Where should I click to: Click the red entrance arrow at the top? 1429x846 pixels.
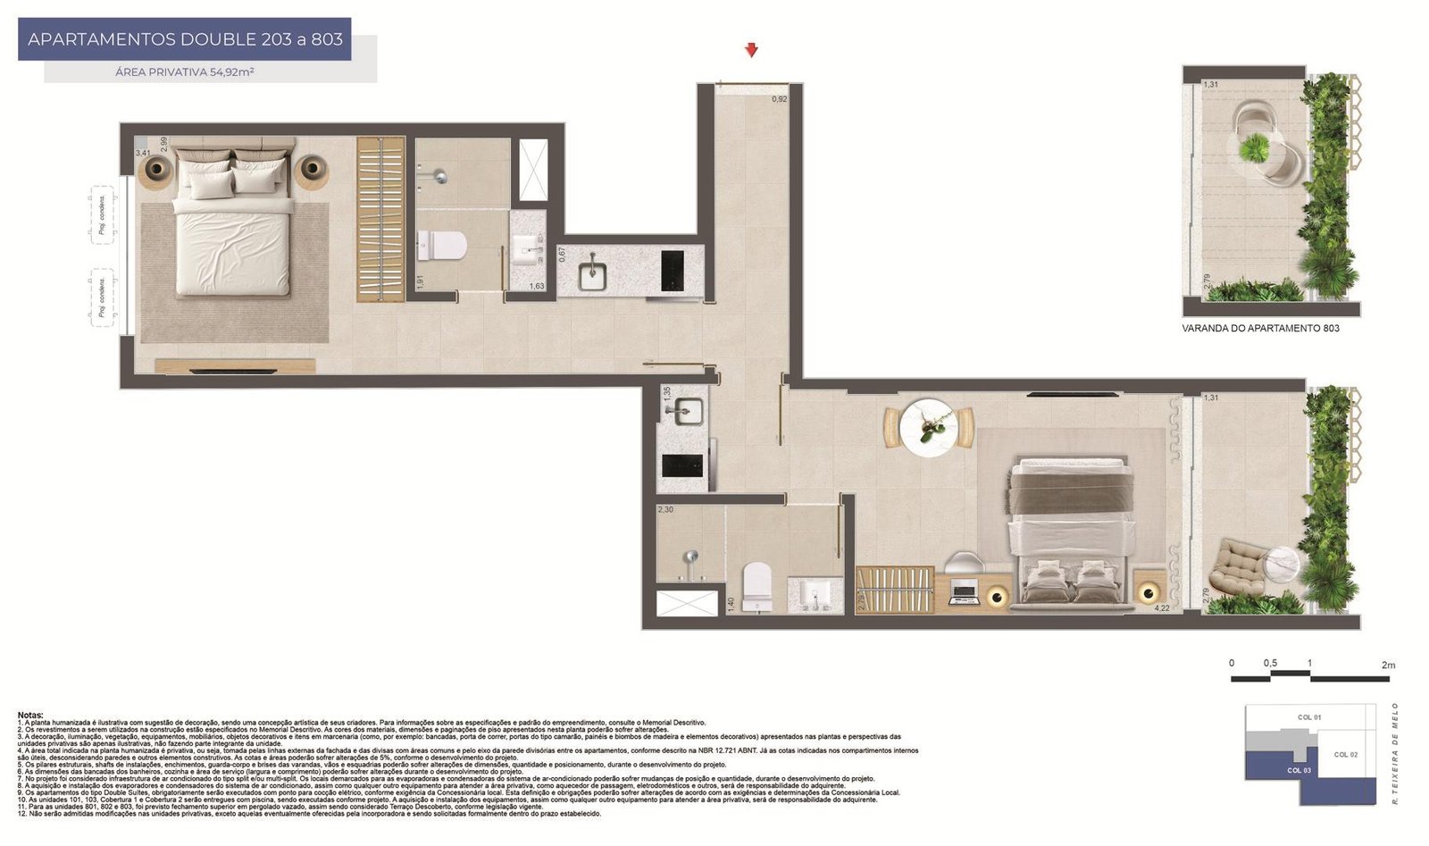(x=752, y=51)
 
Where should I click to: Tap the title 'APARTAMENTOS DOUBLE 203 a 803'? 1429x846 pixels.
(x=185, y=39)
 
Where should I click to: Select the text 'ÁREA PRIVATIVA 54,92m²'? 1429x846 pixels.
(x=185, y=71)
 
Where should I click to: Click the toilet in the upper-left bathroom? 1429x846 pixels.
(x=442, y=245)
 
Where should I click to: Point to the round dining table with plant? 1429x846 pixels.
(x=929, y=428)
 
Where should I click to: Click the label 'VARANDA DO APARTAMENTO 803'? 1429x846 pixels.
(x=1260, y=328)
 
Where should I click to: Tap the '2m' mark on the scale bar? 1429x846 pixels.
(x=1387, y=665)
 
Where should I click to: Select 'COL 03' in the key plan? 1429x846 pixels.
(x=1299, y=770)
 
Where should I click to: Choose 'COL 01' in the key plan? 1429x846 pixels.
(x=1309, y=717)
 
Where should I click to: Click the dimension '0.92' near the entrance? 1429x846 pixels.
(x=780, y=99)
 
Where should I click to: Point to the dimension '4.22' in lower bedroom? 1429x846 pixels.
(x=1162, y=608)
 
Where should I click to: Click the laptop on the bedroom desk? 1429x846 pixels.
(x=964, y=592)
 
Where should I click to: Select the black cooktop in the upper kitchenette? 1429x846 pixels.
(x=673, y=269)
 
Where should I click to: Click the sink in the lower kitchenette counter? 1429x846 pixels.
(x=684, y=412)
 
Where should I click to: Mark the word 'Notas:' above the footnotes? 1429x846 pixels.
(x=30, y=715)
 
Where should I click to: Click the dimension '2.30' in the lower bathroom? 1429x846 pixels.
(x=665, y=509)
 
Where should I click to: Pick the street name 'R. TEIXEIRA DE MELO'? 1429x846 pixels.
(x=1395, y=753)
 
